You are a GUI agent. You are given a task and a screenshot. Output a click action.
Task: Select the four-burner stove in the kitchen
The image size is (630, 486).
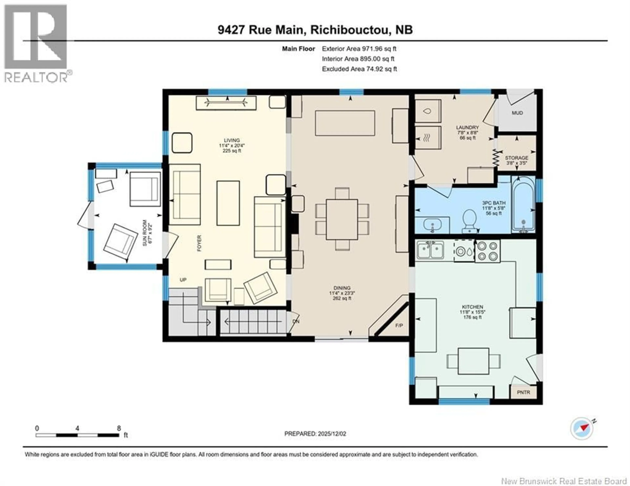tap(487, 251)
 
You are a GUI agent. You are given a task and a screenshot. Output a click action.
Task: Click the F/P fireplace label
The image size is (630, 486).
tap(399, 326)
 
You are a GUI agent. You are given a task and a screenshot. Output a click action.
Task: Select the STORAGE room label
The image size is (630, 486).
tap(516, 158)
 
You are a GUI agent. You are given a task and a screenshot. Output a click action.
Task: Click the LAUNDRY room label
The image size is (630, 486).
tap(467, 127)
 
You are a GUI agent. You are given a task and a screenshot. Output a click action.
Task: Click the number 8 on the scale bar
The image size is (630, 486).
tap(119, 428)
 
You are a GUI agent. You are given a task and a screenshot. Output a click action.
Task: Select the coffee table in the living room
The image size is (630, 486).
tap(228, 203)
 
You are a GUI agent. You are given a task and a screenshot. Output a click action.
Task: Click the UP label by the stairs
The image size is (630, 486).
tap(183, 280)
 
